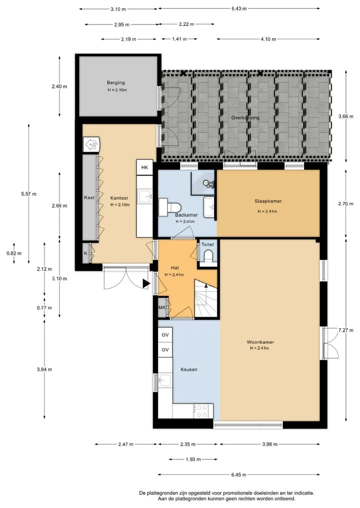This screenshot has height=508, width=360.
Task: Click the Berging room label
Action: click(116, 82)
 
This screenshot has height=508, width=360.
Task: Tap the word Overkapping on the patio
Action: click(245, 117)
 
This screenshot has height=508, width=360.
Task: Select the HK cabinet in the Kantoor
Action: click(144, 167)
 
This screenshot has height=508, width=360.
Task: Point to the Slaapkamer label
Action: click(268, 201)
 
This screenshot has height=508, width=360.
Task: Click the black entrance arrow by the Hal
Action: click(146, 284)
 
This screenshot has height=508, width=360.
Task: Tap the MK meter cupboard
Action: click(162, 308)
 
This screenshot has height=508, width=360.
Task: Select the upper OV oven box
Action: click(165, 335)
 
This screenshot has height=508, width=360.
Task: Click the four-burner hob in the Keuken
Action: click(201, 411)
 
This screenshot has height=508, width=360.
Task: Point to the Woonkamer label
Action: click(260, 342)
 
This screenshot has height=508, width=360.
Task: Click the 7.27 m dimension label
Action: click(345, 330)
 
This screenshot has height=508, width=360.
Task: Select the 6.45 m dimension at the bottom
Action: click(238, 475)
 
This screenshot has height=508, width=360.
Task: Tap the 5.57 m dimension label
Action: click(28, 194)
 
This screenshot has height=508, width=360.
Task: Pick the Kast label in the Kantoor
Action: click(89, 198)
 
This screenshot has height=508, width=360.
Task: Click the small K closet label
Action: click(85, 253)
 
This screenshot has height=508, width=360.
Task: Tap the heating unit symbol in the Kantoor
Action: click(91, 144)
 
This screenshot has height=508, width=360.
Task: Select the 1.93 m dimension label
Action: click(193, 460)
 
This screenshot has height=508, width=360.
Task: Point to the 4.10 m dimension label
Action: click(268, 39)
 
